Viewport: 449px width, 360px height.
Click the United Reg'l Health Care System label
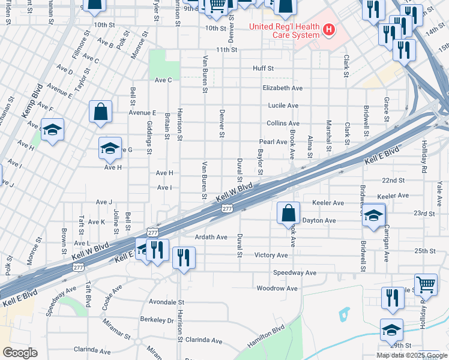(x=285, y=30)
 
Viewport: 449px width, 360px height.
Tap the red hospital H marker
(x=328, y=29)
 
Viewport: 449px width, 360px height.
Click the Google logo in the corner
(x=20, y=353)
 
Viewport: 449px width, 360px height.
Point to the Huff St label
(x=263, y=69)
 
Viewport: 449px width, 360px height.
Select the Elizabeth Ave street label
(x=282, y=88)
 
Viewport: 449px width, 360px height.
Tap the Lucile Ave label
(x=283, y=106)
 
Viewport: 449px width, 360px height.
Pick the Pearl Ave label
(x=273, y=142)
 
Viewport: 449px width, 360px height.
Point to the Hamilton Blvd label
(x=265, y=337)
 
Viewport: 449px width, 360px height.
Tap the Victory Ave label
(x=271, y=255)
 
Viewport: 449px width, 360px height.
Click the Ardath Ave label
(x=211, y=237)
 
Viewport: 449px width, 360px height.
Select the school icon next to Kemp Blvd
(x=52, y=130)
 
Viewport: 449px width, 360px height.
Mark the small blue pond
(x=344, y=314)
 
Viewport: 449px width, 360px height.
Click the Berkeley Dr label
(x=157, y=320)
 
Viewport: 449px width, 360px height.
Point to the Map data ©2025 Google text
(x=411, y=355)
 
